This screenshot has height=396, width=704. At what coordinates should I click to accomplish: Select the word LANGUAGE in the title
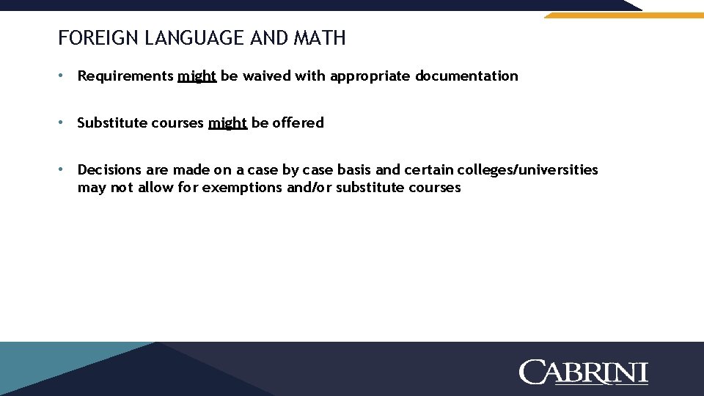(x=194, y=38)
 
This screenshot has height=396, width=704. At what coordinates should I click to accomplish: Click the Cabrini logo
(x=584, y=372)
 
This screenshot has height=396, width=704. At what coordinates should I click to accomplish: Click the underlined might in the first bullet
(x=197, y=76)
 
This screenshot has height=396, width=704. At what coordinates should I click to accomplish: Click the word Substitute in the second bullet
(x=111, y=122)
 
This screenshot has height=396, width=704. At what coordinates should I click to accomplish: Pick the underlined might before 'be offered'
(x=227, y=123)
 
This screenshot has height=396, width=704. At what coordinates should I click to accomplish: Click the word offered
(x=298, y=122)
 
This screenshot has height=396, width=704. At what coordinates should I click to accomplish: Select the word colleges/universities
(x=527, y=170)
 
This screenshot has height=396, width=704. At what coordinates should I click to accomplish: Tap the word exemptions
(x=240, y=187)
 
